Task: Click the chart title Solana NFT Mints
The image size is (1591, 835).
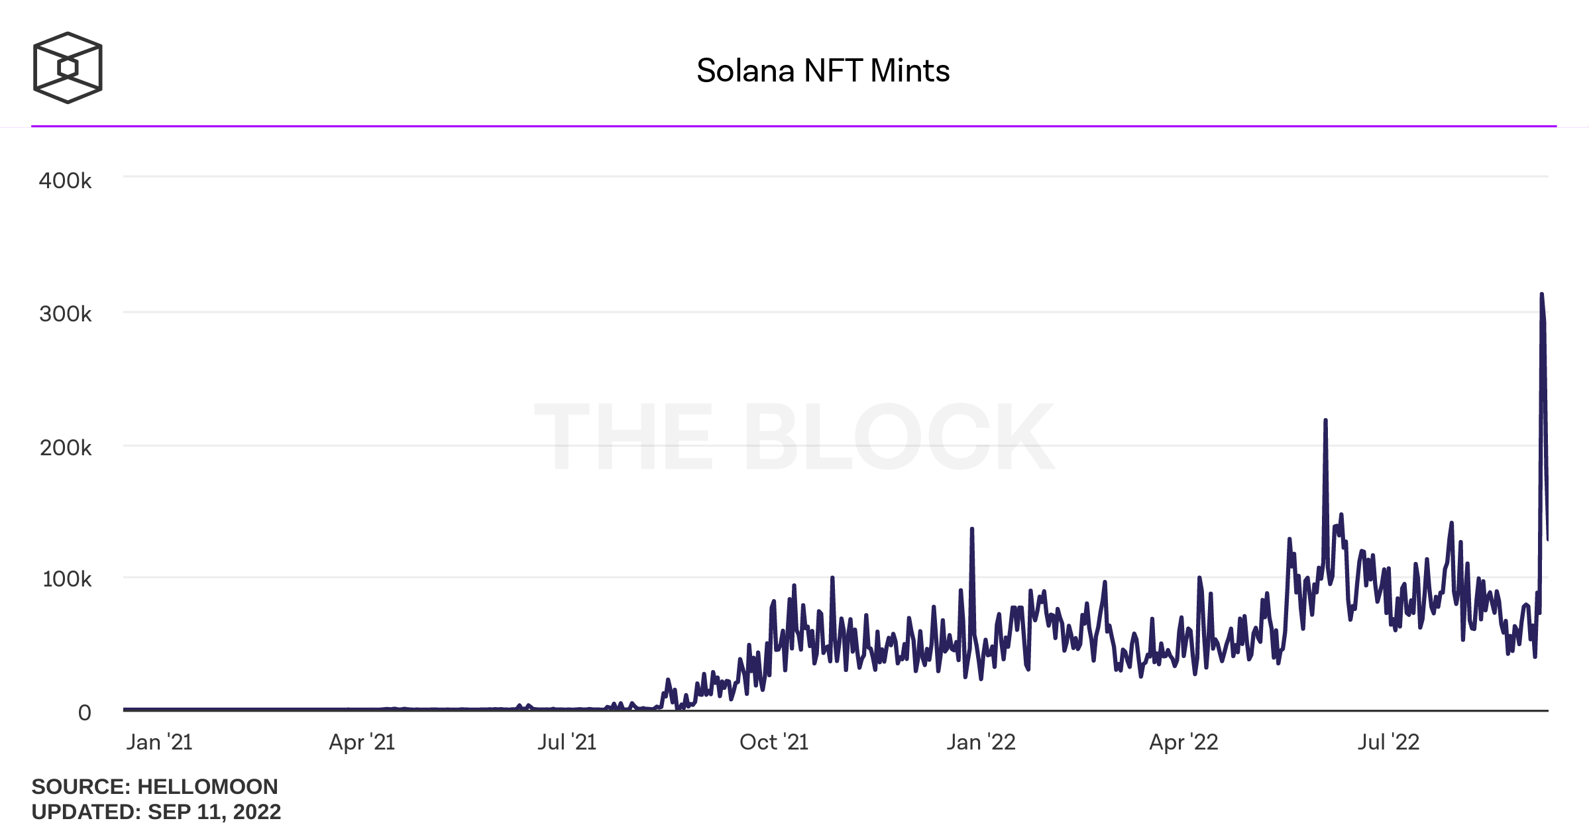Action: [822, 71]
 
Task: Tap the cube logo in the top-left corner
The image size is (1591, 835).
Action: [68, 68]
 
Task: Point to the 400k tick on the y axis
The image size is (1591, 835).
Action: [65, 181]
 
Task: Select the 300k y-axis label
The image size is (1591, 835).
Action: [65, 314]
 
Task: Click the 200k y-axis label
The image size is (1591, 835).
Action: [66, 448]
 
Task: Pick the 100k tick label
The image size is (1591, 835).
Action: [67, 579]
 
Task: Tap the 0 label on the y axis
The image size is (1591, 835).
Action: [84, 713]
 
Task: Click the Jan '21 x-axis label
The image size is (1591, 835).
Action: [159, 742]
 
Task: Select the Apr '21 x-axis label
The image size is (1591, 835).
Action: [362, 742]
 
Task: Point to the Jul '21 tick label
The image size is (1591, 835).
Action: [567, 742]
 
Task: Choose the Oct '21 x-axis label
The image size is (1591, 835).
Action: [774, 742]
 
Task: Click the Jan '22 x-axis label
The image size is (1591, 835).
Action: [981, 742]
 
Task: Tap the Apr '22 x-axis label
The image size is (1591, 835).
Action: [1183, 742]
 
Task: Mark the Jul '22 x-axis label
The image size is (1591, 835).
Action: [1388, 742]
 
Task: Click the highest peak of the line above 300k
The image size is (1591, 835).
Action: [1541, 294]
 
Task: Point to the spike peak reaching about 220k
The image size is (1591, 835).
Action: [1325, 420]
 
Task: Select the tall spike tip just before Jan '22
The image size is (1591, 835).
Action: [971, 529]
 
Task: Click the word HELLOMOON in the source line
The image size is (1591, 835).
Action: [207, 787]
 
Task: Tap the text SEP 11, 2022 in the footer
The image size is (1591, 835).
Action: [214, 812]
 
